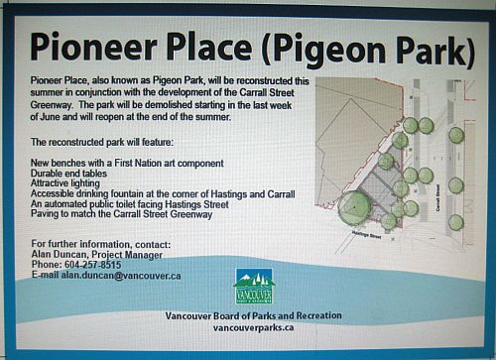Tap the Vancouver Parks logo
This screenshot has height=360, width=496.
(x=254, y=288)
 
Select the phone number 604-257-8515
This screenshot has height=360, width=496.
(x=88, y=265)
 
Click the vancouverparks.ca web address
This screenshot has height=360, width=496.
(x=255, y=327)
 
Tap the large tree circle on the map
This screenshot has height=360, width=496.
(x=355, y=209)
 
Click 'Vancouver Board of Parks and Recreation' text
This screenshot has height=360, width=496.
(x=255, y=315)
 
